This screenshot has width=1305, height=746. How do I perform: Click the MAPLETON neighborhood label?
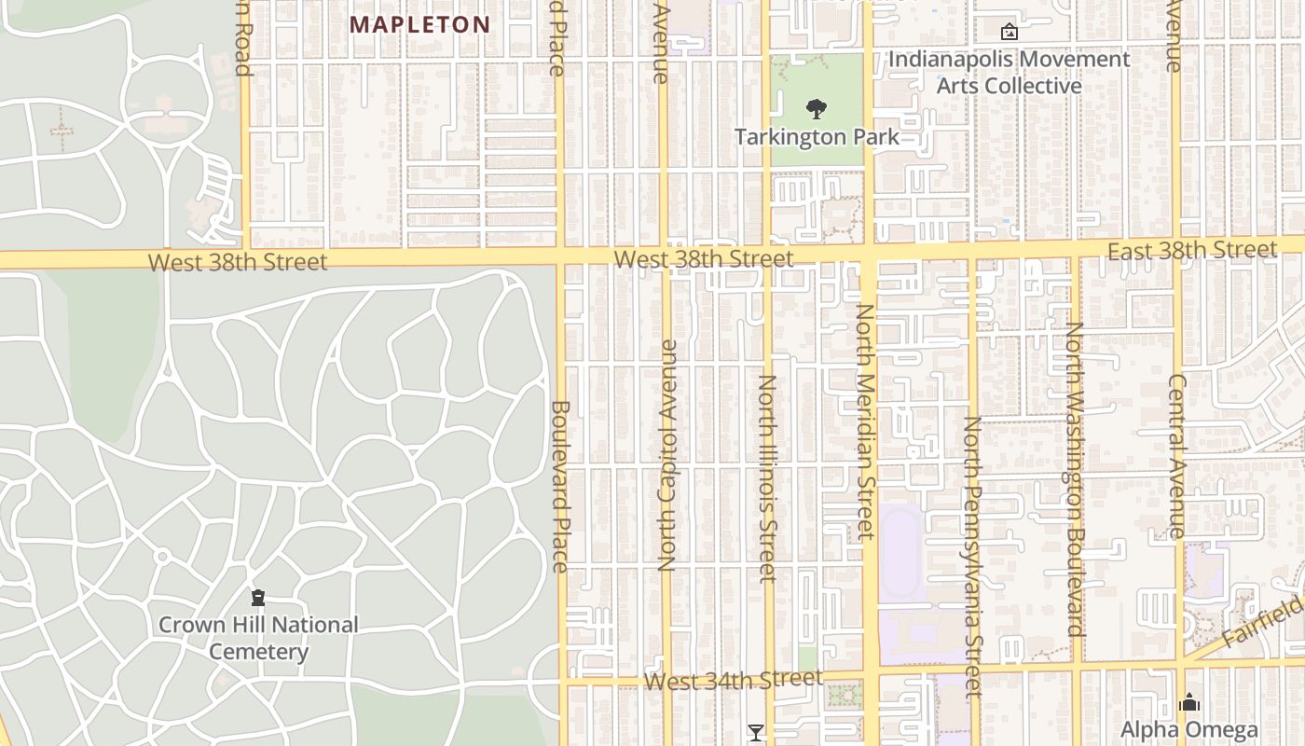point(419,25)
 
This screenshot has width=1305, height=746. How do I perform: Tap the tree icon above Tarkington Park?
point(817,109)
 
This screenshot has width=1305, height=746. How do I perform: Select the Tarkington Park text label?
point(817,137)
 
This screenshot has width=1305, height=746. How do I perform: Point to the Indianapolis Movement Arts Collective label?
point(1009,73)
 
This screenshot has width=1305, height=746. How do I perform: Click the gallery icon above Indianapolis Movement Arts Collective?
point(1009,32)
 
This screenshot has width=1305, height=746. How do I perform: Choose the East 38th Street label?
point(1191,250)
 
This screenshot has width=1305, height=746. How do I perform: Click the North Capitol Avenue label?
point(666,455)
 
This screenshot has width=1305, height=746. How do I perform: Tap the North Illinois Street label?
point(767,478)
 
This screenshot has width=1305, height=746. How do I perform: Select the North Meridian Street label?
point(866,421)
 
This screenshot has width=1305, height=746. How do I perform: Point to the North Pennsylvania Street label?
point(972,556)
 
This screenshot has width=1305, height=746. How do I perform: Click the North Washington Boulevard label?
point(1075,479)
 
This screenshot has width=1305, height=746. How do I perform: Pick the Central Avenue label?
point(1176,457)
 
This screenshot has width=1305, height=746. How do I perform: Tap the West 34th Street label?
point(733,680)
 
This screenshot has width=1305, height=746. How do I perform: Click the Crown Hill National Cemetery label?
point(258,638)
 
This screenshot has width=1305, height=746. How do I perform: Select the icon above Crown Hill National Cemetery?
point(258,597)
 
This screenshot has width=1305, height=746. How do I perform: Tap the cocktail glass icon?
point(756,733)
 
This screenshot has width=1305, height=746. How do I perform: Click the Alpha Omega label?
point(1188,730)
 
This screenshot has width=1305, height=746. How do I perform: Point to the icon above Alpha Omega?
point(1188,702)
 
